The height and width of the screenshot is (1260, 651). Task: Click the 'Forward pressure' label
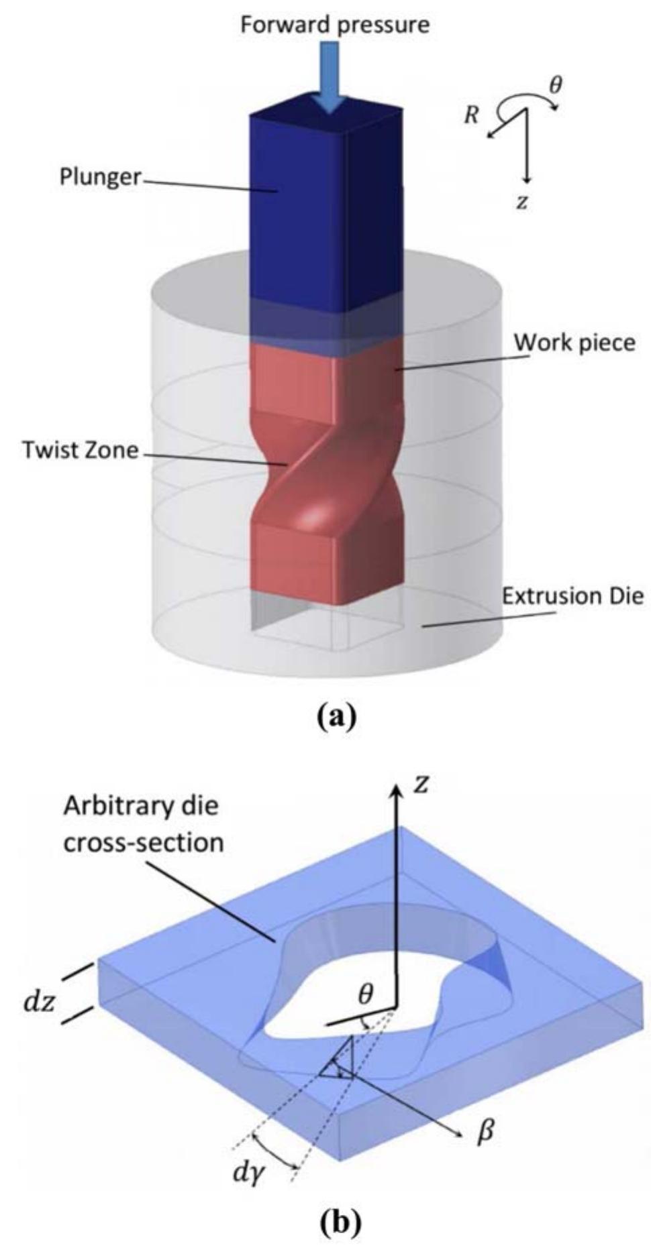click(334, 25)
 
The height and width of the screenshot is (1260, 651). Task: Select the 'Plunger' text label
click(100, 178)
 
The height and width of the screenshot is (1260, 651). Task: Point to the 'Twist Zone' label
click(80, 449)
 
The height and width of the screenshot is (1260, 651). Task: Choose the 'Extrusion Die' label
click(572, 595)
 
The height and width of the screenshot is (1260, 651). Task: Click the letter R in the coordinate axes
click(472, 115)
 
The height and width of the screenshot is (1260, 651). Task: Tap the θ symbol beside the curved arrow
click(556, 86)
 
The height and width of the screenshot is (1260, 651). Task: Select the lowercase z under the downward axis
click(522, 202)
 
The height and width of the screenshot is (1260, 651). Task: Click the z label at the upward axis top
click(420, 783)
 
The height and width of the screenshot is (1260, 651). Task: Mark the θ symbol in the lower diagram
click(365, 994)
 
